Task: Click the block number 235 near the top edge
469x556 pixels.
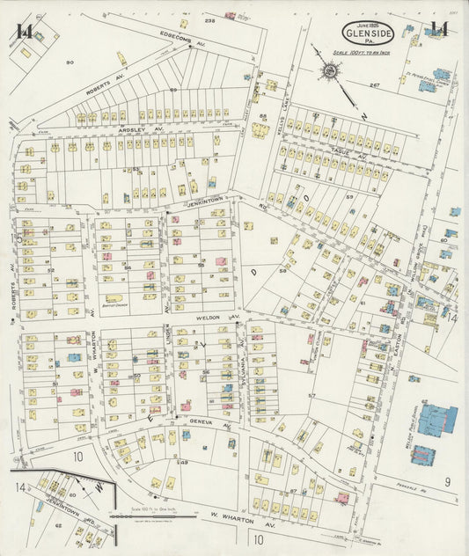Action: (x=209, y=20)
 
